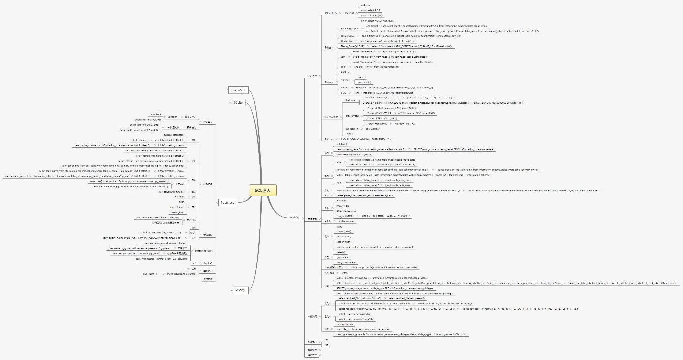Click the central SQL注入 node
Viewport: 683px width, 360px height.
[262, 190]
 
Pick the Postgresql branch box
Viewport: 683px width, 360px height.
[228, 202]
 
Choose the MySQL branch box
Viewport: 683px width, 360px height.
[294, 217]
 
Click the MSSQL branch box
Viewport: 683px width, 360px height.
[240, 290]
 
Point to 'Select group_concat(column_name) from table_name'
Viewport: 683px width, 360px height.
[364, 196]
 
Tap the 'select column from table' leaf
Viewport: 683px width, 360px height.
[170, 192]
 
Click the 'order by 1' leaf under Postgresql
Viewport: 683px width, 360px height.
[155, 114]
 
